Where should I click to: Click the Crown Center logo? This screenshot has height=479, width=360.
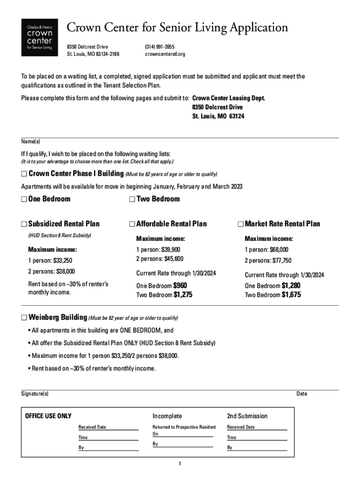tap(40, 37)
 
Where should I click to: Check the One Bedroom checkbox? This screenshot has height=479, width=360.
tap(24, 199)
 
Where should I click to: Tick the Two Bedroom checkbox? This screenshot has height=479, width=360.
tap(132, 199)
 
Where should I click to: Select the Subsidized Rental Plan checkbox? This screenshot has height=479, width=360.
tap(24, 224)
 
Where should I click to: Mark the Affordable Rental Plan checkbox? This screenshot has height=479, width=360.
tap(132, 224)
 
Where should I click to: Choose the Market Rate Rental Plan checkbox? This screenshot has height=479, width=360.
tap(240, 224)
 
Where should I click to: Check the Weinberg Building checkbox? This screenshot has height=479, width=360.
tap(24, 318)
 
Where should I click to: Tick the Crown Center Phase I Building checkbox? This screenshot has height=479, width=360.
tap(24, 174)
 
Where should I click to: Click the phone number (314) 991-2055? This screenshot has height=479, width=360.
tap(160, 47)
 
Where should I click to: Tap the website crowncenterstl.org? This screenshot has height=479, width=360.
tap(165, 54)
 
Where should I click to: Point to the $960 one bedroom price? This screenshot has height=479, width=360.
tap(180, 285)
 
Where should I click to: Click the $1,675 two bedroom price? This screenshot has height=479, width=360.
tap(291, 295)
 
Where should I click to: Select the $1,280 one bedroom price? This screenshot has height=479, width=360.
tap(291, 285)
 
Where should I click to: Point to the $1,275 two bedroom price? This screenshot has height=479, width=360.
tap(183, 295)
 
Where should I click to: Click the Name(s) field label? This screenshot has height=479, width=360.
tap(30, 142)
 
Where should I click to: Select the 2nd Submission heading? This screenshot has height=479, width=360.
tap(247, 416)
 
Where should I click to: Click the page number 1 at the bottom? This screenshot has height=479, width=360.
tap(180, 464)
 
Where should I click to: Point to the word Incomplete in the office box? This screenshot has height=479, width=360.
tap(167, 416)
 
